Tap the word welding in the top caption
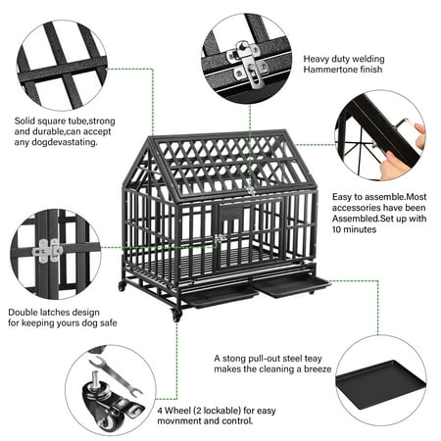367,59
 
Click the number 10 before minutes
337,229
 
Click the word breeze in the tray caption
318,369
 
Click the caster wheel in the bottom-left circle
110,404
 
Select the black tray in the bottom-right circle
380,384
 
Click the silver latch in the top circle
247,64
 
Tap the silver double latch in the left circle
47,251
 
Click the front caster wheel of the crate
176,316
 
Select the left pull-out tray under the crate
220,296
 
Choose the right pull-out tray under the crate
291,286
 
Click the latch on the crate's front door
219,238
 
